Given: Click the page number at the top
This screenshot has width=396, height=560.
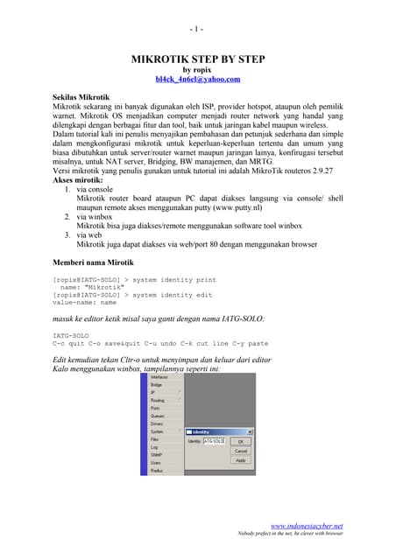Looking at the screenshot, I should pyautogui.click(x=197, y=28).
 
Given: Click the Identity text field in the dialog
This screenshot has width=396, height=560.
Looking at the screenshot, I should pyautogui.click(x=214, y=441).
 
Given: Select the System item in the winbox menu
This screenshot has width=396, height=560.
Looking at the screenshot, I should pyautogui.click(x=157, y=431).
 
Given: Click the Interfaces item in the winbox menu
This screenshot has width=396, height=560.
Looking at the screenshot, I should pyautogui.click(x=160, y=377).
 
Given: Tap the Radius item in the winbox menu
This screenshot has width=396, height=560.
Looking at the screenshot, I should pyautogui.click(x=157, y=470).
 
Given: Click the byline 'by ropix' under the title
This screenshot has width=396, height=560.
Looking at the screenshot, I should pyautogui.click(x=197, y=69).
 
